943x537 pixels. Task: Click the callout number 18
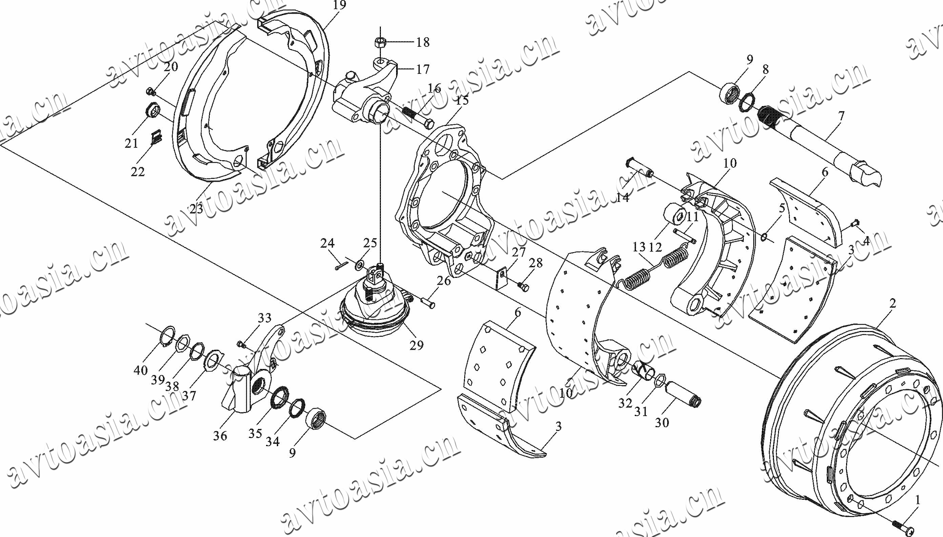pyautogui.click(x=423, y=42)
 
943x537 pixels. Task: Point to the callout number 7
pyautogui.click(x=841, y=117)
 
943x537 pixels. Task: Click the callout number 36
pyautogui.click(x=220, y=436)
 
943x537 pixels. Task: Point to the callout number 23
pyautogui.click(x=197, y=209)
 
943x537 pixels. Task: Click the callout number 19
pyautogui.click(x=339, y=5)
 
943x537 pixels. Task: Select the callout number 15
pyautogui.click(x=462, y=100)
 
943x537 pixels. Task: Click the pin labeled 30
pyautogui.click(x=682, y=395)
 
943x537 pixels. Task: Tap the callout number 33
pyautogui.click(x=264, y=318)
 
